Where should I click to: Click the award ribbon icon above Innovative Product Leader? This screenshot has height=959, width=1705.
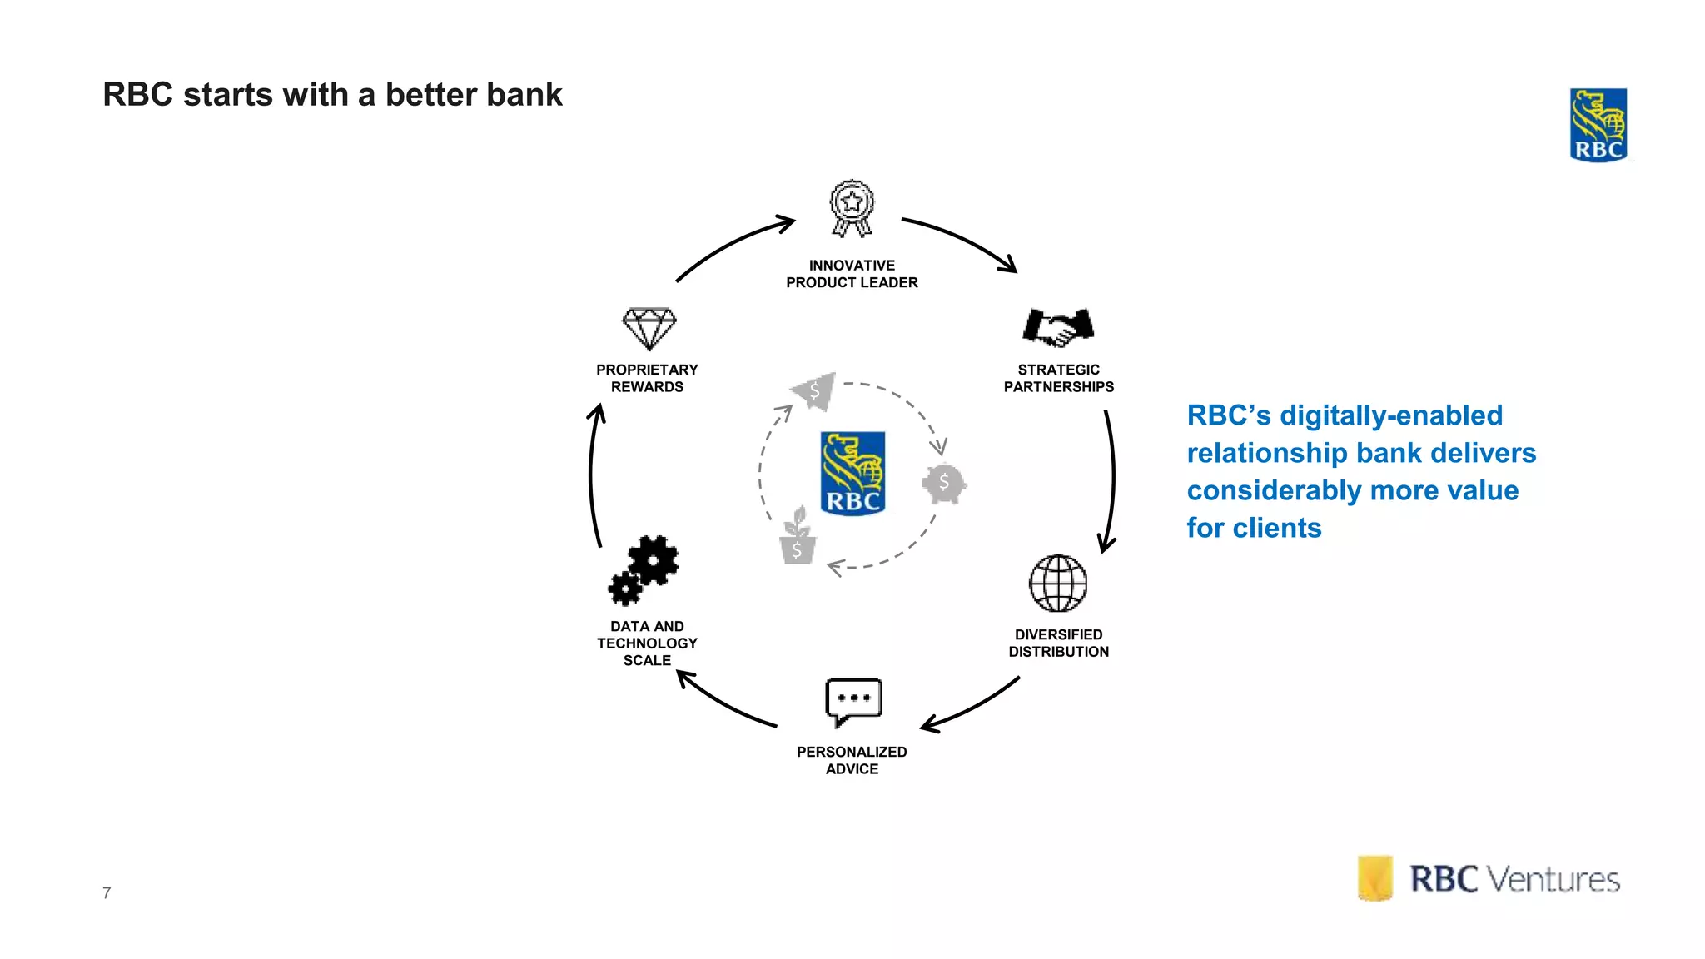coord(852,208)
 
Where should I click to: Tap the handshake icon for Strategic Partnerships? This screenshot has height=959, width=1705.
coord(1058,327)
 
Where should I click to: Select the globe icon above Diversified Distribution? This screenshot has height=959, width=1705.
coord(1058,583)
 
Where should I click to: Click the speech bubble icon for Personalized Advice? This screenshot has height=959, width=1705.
coord(852,701)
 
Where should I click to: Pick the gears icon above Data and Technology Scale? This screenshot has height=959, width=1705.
coord(644,570)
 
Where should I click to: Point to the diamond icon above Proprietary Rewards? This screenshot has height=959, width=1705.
coord(649,328)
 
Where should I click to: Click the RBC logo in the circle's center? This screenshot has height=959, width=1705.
coord(852,473)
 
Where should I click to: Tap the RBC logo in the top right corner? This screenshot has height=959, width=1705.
coord(1598,125)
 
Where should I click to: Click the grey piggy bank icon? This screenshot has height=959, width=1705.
coord(944,483)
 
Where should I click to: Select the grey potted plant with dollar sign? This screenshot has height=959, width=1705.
coord(797,538)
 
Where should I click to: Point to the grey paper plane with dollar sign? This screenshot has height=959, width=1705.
coord(814,390)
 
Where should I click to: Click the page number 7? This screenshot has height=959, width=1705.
coord(107,893)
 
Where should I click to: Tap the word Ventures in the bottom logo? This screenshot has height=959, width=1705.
coord(1553,880)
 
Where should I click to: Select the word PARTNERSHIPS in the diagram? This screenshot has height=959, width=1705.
coord(1058,387)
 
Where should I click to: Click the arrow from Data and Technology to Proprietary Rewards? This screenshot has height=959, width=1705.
coord(592,475)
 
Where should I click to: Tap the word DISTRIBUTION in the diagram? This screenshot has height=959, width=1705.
coord(1058,652)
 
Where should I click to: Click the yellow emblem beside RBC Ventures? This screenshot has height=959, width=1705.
coord(1374,878)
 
